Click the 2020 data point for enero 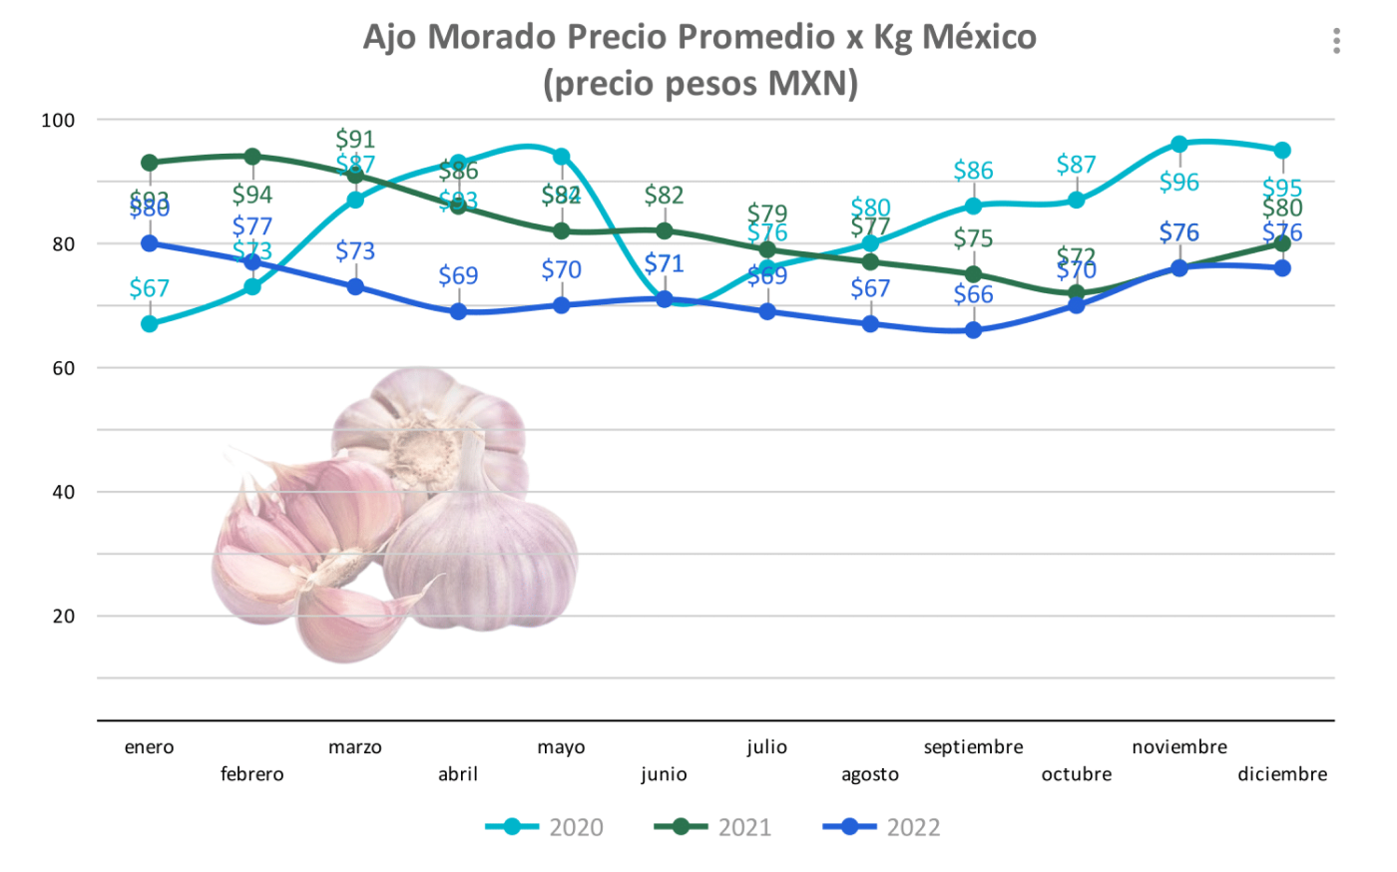[x=150, y=323]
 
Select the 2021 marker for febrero [x=252, y=157]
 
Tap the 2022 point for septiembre [x=973, y=330]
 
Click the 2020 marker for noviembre [x=1179, y=144]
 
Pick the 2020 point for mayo [x=562, y=157]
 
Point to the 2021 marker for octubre [x=1076, y=293]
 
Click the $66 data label [x=973, y=294]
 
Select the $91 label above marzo [x=355, y=139]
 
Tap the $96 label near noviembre [x=1179, y=182]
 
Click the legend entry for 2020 [x=545, y=827]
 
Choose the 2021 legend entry [x=712, y=827]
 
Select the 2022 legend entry [x=881, y=827]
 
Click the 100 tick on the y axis [x=58, y=121]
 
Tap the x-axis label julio [x=766, y=747]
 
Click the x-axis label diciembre [x=1281, y=774]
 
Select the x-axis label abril [x=458, y=774]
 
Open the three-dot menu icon [x=1336, y=41]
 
